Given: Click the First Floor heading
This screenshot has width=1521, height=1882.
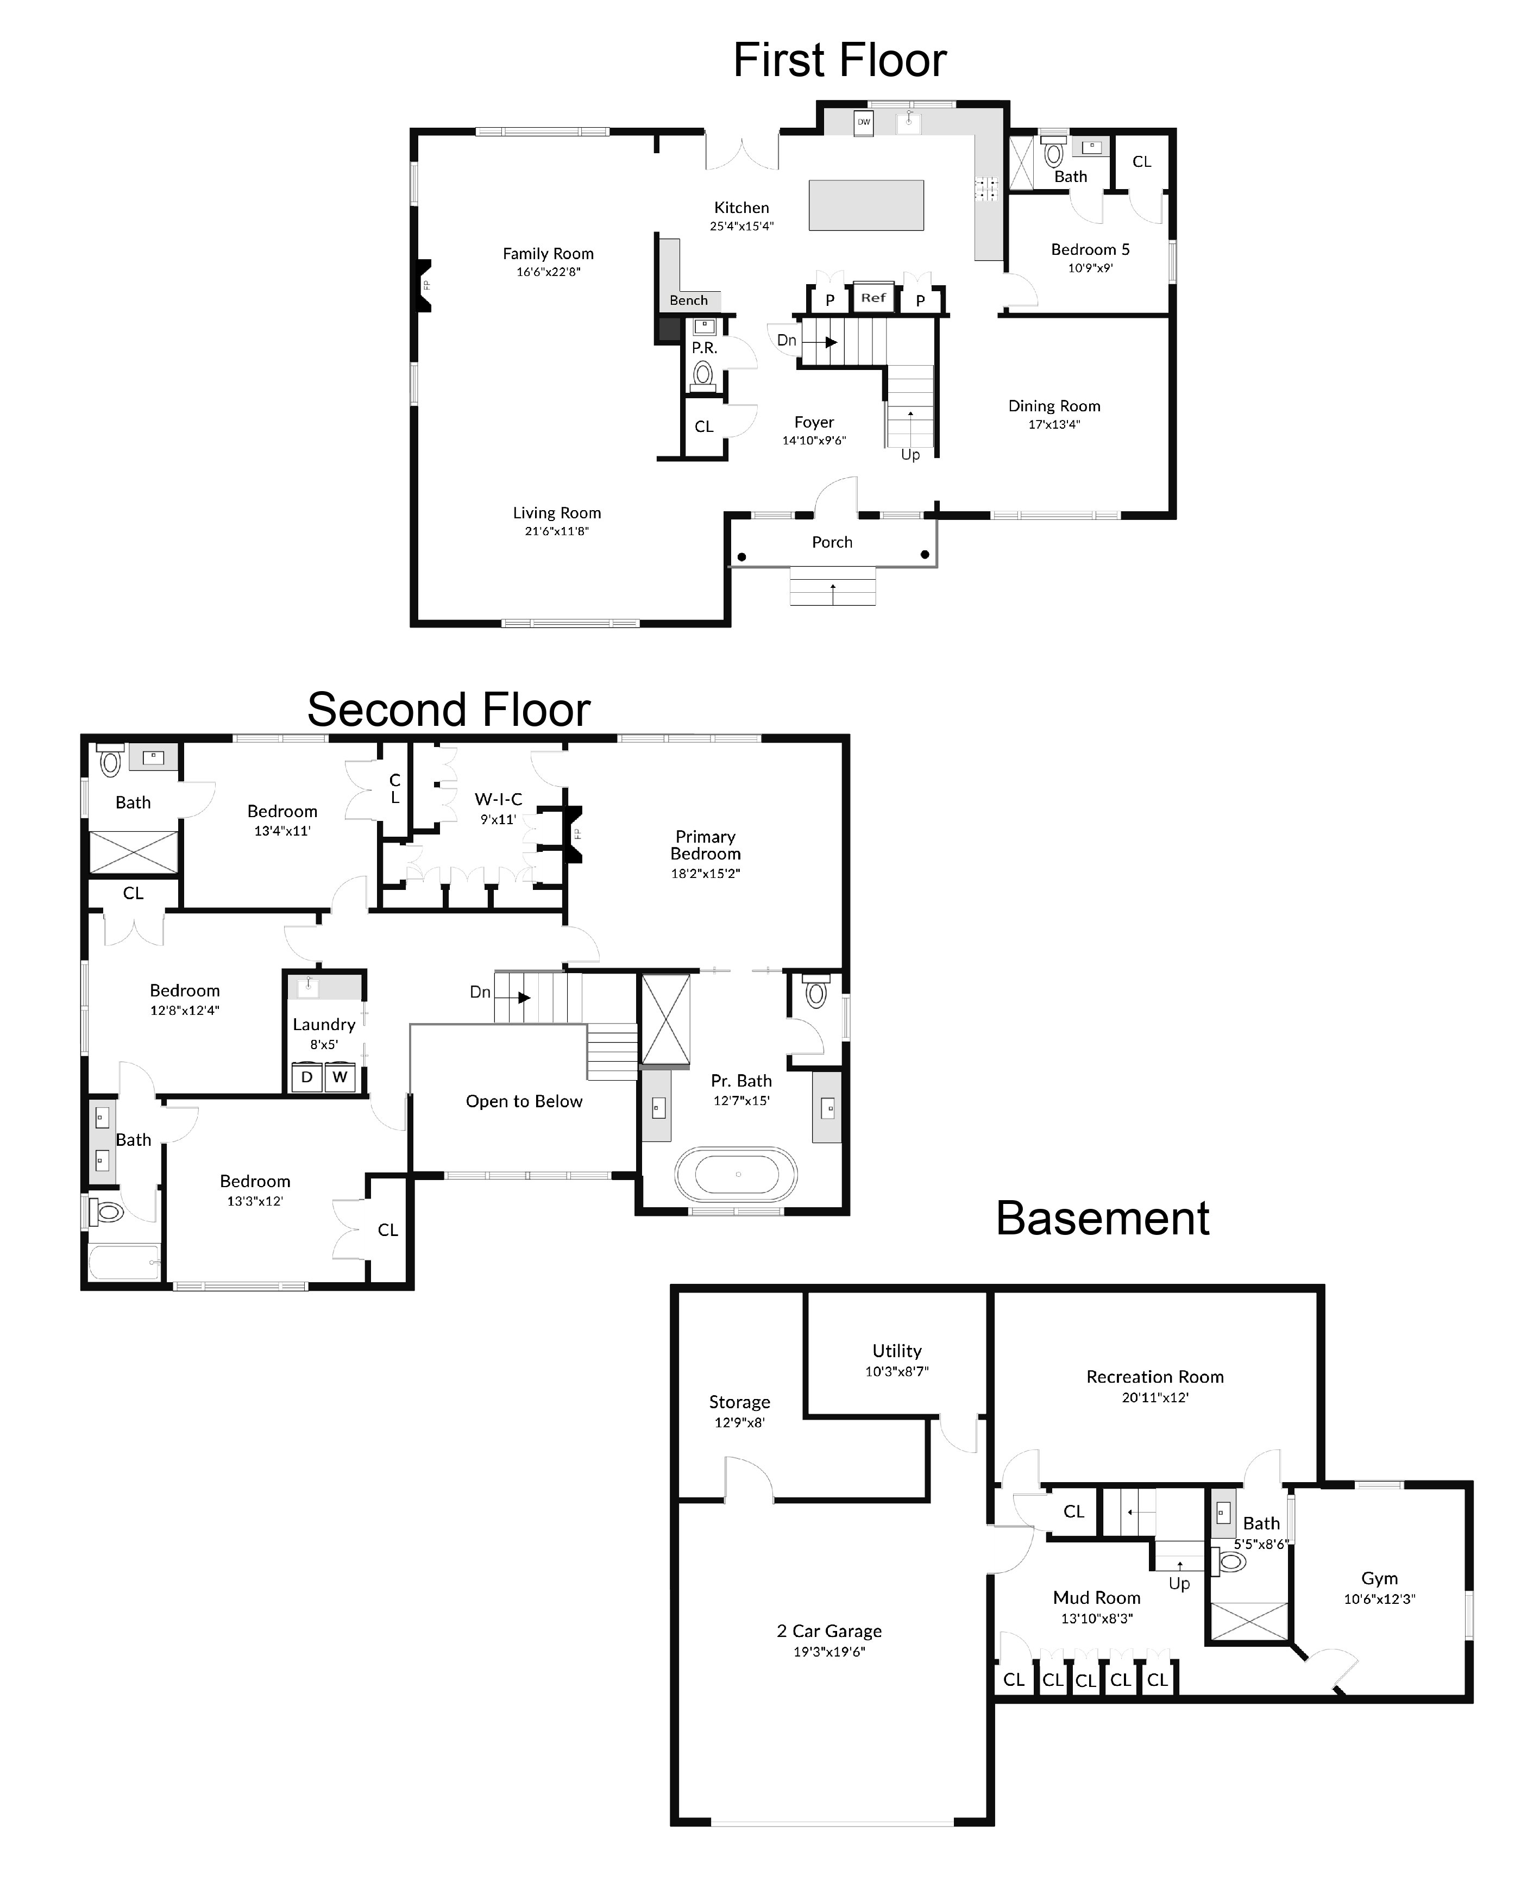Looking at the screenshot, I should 839,60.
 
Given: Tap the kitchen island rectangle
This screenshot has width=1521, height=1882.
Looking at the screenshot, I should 866,205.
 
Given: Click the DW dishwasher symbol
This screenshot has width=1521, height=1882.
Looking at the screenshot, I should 864,123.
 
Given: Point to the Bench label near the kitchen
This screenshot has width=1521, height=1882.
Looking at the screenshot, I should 689,300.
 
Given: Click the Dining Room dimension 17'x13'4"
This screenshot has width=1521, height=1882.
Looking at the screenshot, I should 1054,425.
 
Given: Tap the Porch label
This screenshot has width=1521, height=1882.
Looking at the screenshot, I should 832,542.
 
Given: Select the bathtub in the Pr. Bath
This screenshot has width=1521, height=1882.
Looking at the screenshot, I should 736,1174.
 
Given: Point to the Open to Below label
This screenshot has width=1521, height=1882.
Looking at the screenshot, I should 524,1101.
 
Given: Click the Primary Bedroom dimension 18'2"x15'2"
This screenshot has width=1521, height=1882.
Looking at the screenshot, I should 705,874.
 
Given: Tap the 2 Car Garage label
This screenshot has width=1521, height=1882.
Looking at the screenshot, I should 829,1632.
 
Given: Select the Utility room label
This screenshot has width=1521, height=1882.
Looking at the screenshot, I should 896,1351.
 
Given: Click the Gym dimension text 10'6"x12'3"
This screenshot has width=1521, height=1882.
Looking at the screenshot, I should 1379,1599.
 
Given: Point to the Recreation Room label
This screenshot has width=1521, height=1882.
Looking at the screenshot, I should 1155,1377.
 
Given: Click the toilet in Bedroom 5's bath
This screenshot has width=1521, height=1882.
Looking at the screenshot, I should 1054,154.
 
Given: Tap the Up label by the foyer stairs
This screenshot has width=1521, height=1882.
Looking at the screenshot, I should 910,455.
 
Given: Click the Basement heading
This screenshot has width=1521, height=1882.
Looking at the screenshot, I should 1102,1219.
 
